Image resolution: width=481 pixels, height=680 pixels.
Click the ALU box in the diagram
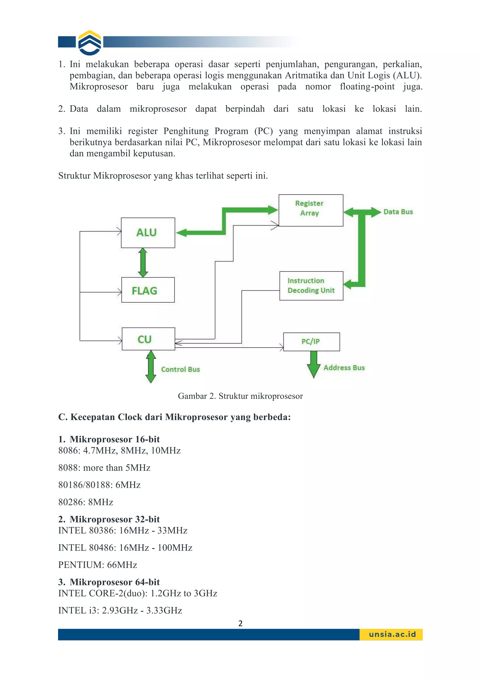(148, 233)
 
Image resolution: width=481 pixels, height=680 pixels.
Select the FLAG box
(148, 290)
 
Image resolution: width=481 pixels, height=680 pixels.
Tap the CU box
(148, 339)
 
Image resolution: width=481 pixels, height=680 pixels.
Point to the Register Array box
(311, 210)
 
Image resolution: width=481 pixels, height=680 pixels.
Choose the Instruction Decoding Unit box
(311, 286)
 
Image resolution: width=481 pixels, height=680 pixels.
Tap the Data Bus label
(398, 212)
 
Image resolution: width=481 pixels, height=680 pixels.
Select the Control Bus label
(180, 369)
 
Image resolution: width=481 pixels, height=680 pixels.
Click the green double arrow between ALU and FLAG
(143, 263)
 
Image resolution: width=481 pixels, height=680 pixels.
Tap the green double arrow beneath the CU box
(151, 367)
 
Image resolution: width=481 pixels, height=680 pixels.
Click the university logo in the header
(90, 43)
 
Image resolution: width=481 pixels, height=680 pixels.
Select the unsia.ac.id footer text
(392, 635)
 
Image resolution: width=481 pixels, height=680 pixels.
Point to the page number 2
(240, 623)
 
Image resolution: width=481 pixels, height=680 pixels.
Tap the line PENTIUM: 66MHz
(97, 565)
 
